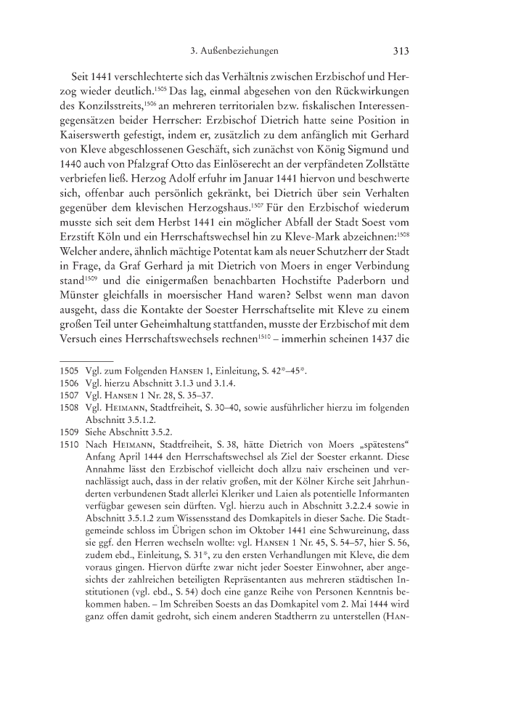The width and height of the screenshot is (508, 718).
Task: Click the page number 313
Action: tap(401, 52)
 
